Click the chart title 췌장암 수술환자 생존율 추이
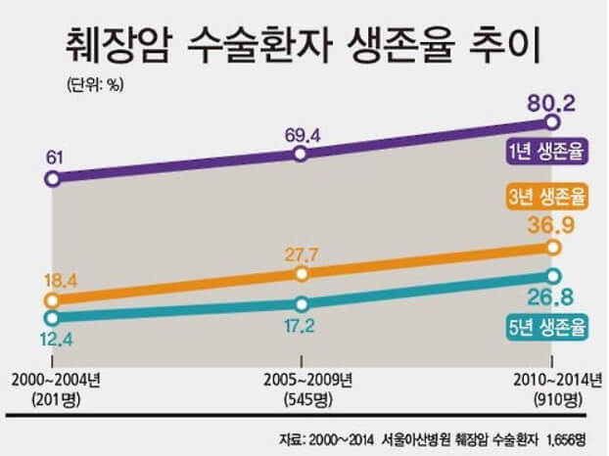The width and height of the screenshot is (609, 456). tap(304, 42)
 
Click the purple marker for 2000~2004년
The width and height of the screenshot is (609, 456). tap(52, 179)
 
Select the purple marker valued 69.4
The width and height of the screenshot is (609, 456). tap(302, 154)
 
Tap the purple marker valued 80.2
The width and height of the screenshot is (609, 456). tap(552, 123)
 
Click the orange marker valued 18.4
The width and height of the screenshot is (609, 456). tap(52, 300)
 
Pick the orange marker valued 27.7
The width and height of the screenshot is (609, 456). tap(302, 275)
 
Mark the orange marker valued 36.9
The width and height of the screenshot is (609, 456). tap(552, 249)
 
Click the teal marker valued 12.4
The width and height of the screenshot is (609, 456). tap(52, 317)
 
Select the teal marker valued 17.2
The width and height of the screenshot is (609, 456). tap(302, 303)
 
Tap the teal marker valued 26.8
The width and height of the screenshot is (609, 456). tap(552, 276)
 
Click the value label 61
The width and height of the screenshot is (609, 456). tap(55, 155)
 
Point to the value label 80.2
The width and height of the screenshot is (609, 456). tap(554, 97)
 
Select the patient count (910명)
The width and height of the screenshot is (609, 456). tap(554, 397)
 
